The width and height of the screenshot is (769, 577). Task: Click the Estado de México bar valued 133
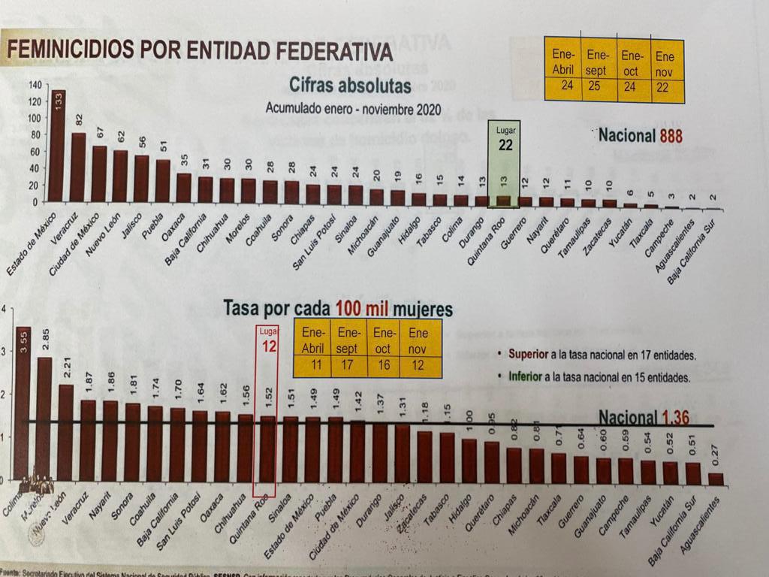[x=58, y=147]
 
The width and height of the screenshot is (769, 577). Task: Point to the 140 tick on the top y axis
[x=35, y=85]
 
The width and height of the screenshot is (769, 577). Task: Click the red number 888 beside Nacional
[x=671, y=137]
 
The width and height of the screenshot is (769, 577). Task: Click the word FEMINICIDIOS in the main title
[x=72, y=50]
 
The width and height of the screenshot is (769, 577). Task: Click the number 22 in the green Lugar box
[x=505, y=145]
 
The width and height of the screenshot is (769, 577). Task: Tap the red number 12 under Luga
[x=270, y=346]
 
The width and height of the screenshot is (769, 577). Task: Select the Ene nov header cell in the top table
[x=665, y=64]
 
